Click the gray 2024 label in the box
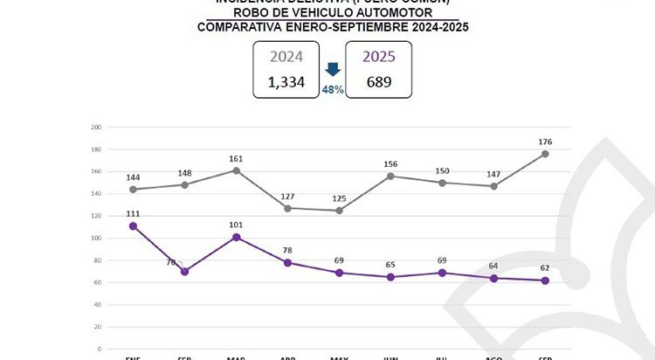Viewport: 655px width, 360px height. (286, 57)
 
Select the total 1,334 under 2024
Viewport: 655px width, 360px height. (286, 83)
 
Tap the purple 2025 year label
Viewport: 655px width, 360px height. (378, 57)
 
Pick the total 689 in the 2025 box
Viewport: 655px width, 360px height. (378, 83)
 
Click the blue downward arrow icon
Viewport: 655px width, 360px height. (332, 68)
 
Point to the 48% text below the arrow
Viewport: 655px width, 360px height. (332, 89)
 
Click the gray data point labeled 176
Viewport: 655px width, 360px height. (546, 154)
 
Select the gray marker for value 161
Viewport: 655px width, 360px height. (237, 170)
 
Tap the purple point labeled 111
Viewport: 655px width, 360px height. (133, 225)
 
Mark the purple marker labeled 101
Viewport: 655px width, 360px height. (237, 237)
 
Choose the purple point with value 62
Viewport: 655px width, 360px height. (546, 280)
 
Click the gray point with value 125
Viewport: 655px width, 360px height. (340, 211)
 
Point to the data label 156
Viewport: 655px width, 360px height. (391, 164)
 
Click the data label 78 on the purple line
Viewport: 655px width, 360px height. (288, 251)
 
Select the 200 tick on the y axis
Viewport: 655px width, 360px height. (96, 127)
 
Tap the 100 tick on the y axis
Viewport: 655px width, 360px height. (96, 238)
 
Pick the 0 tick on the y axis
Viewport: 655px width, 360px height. (99, 349)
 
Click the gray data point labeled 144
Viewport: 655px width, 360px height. (133, 190)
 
